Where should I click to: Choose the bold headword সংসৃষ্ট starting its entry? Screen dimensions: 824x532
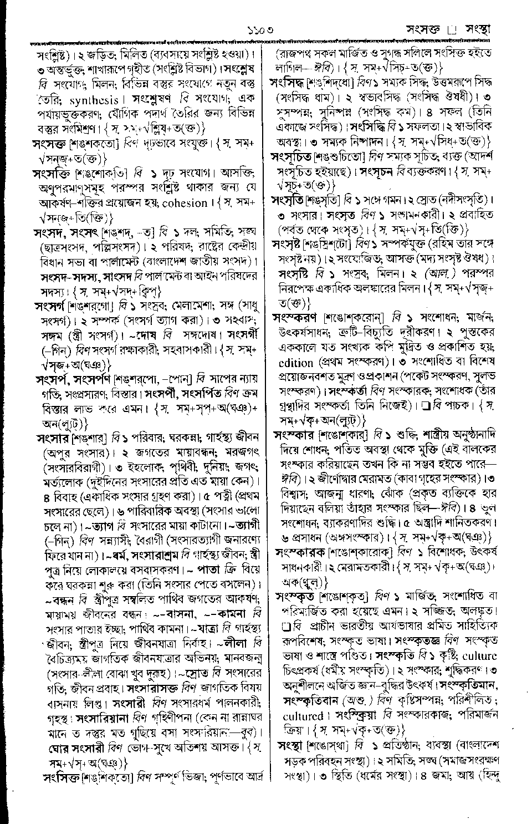point(293,243)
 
